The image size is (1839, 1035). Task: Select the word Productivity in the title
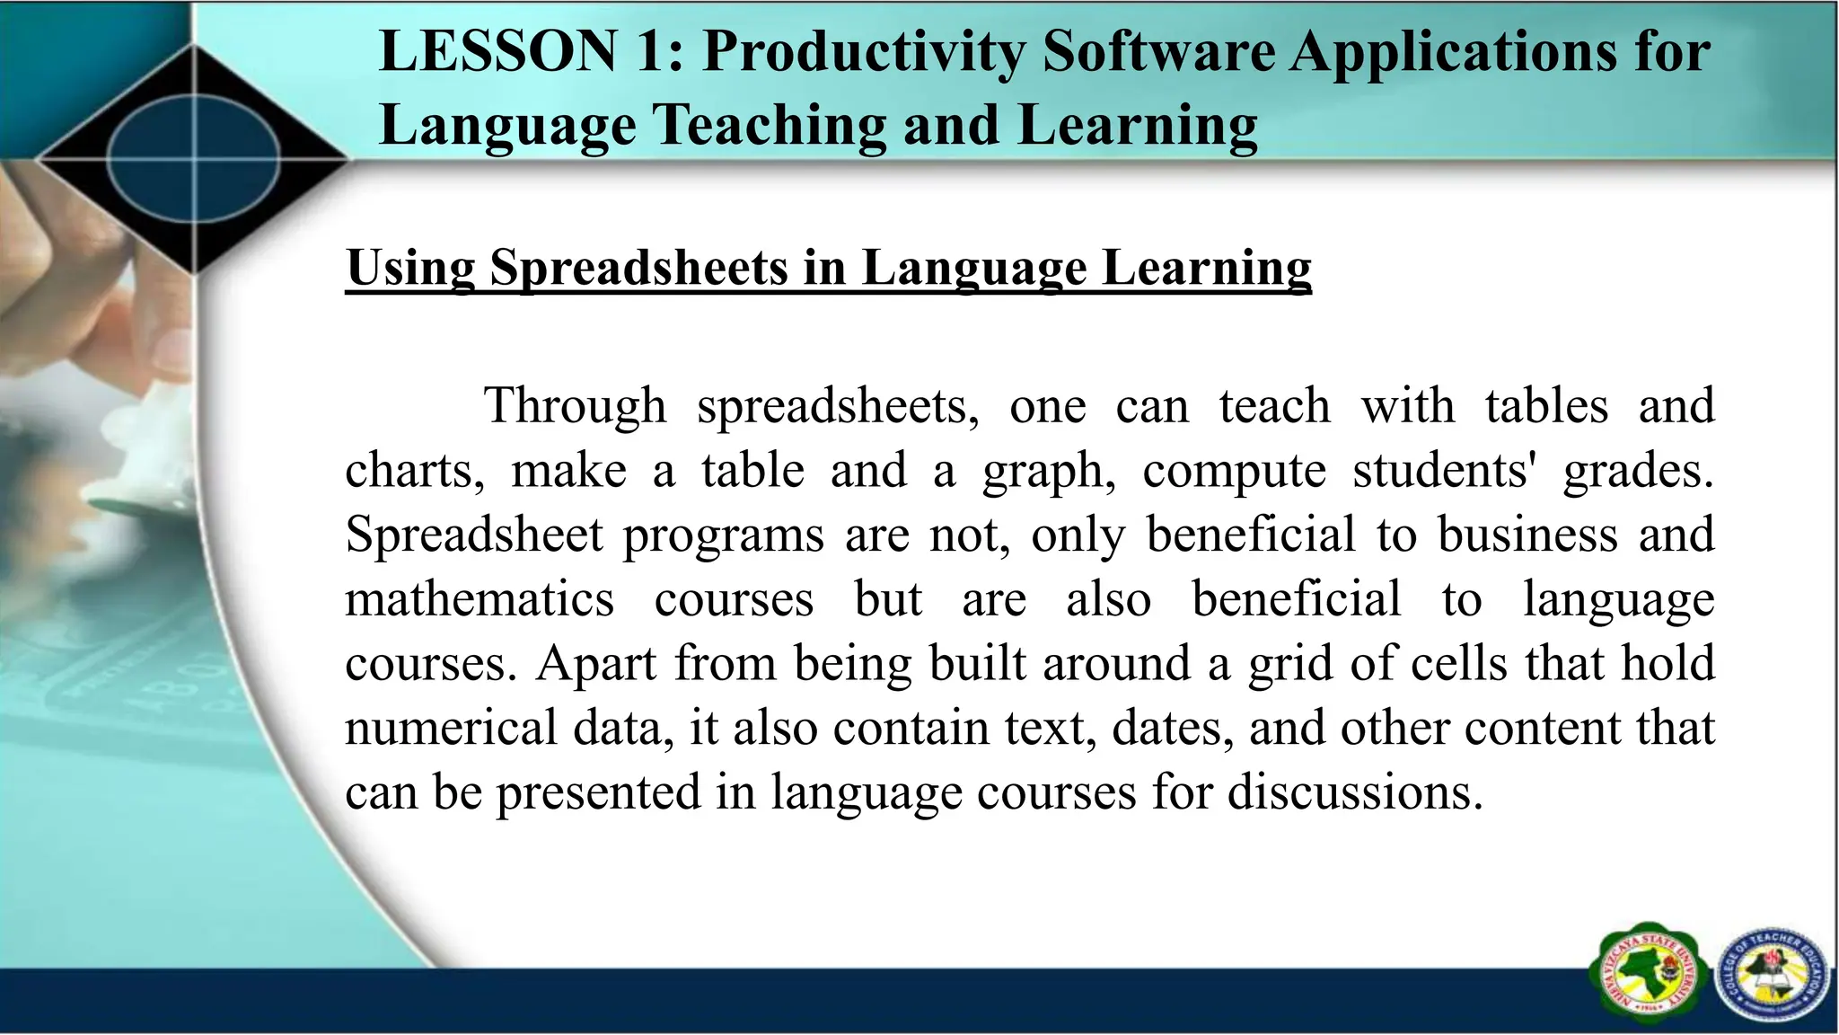(x=863, y=51)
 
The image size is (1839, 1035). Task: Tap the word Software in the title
(x=1158, y=51)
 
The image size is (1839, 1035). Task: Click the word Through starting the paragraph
(x=576, y=405)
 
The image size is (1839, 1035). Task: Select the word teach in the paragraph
(x=1275, y=405)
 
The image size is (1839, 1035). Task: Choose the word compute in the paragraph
(x=1234, y=472)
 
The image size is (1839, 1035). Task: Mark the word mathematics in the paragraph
(x=480, y=599)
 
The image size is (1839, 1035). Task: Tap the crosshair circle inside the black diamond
(x=194, y=160)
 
